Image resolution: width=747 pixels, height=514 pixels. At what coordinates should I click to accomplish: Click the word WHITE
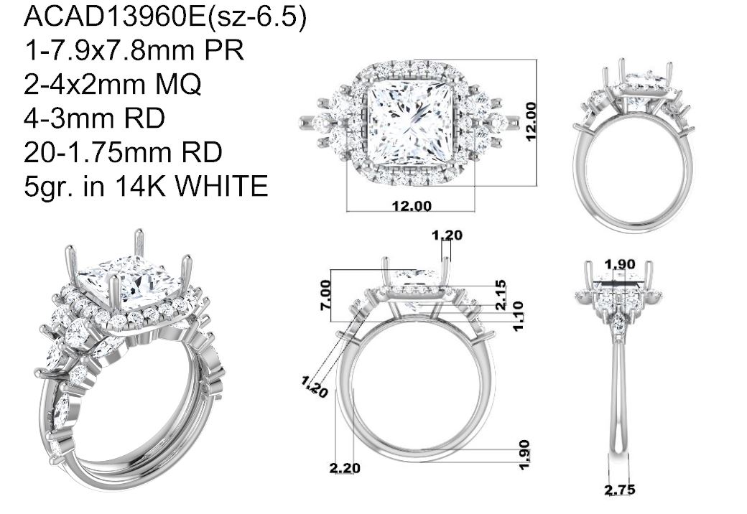pyautogui.click(x=221, y=186)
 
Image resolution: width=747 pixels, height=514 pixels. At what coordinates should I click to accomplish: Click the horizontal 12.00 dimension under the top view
pyautogui.click(x=412, y=206)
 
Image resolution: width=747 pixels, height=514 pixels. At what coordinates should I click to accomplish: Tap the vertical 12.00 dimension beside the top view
pyautogui.click(x=531, y=121)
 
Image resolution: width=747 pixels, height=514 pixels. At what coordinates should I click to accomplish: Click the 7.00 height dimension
pyautogui.click(x=325, y=295)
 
